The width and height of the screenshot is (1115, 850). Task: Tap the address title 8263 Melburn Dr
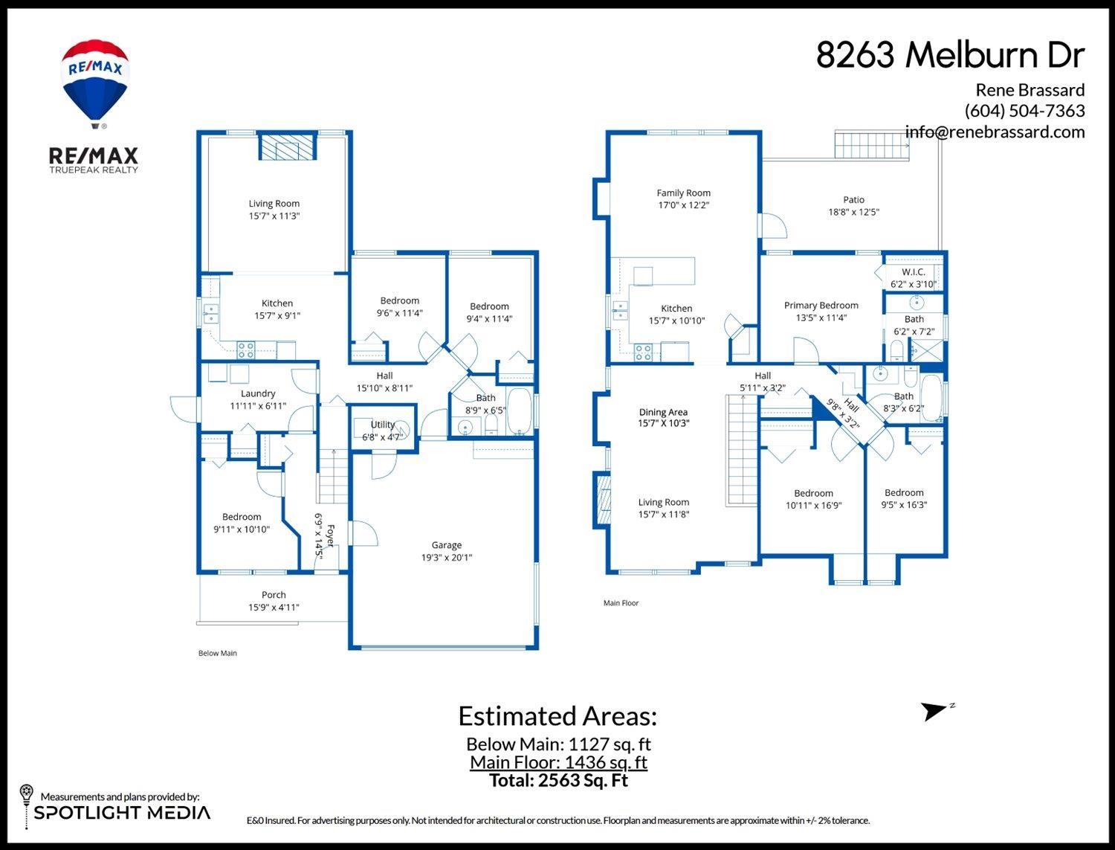[950, 55]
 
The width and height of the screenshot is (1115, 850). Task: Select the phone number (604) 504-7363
[1024, 111]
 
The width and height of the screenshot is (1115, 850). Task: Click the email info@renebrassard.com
[995, 132]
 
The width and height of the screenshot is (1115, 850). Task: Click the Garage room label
[446, 545]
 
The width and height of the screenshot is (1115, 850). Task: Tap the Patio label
[853, 199]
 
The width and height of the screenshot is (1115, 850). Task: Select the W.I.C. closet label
[913, 272]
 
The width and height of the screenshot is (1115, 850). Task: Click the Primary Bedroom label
[821, 305]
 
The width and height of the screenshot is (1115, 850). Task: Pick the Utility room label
[383, 425]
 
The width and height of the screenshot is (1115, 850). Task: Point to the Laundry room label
[258, 393]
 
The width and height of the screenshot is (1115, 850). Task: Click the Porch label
[274, 595]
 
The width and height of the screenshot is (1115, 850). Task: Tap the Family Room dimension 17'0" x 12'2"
[683, 205]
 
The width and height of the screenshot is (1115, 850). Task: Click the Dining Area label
[663, 412]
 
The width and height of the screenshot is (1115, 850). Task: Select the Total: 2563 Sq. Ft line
[558, 781]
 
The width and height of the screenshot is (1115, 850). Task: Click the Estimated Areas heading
[557, 716]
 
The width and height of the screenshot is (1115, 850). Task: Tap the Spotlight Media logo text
[122, 813]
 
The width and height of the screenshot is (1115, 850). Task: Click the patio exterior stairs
[871, 144]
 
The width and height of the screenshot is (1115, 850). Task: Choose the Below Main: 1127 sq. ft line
[558, 744]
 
